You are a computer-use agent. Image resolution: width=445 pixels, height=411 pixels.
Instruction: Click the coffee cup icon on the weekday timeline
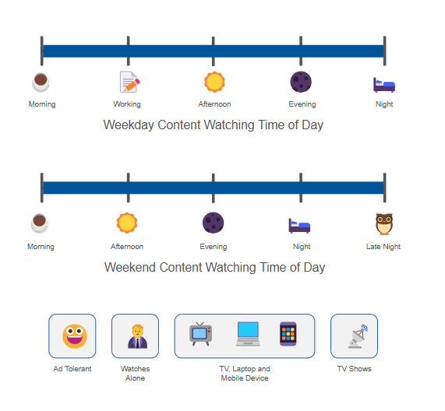point(41,83)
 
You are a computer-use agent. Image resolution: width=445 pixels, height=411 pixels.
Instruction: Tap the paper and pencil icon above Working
point(129,82)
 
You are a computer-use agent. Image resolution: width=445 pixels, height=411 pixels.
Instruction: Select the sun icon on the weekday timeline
point(214,82)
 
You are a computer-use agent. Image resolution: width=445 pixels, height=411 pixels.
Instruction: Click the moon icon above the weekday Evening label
point(301,82)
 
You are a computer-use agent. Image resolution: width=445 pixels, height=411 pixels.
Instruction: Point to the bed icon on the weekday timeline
point(384,85)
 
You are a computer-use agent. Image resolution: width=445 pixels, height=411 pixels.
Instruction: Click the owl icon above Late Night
point(384,224)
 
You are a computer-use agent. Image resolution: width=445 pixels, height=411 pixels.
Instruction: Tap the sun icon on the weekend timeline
point(127,223)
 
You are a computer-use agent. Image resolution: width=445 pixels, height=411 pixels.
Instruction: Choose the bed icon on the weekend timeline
point(299,226)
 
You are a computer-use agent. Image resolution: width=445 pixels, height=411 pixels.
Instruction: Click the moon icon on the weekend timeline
point(213,223)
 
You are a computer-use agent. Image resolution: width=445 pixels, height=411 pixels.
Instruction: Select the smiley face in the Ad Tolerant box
point(75,336)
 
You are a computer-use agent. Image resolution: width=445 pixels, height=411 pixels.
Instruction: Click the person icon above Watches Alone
point(138,336)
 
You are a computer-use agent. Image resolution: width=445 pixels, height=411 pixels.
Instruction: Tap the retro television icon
point(200,334)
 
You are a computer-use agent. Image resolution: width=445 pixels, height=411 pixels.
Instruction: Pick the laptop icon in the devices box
point(248,334)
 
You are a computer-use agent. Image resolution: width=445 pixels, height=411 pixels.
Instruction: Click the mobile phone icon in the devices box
point(288,334)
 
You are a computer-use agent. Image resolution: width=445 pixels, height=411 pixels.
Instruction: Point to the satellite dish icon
point(358,336)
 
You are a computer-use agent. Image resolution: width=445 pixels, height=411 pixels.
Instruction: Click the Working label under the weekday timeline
point(127,104)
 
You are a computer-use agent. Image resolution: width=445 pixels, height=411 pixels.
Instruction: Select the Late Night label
point(383,247)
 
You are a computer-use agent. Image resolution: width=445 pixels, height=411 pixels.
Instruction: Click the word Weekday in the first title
point(129,125)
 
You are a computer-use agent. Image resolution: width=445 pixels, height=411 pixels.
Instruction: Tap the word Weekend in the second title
point(130,267)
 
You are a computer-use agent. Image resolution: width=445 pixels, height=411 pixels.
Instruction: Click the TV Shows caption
point(354,369)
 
